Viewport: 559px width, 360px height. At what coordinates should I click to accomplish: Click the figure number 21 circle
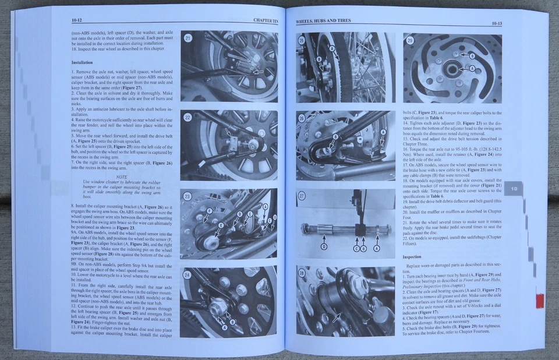coord(188,38)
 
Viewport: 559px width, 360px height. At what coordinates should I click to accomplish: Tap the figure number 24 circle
coord(187,274)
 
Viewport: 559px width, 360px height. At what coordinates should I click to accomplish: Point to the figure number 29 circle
coord(411,40)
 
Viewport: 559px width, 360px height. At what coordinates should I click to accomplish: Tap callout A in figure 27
coord(376,248)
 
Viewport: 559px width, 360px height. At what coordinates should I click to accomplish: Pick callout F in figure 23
coord(208,211)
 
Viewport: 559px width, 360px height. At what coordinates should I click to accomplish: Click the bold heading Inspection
coord(412,256)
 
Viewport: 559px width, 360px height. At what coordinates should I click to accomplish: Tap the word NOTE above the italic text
coord(122,177)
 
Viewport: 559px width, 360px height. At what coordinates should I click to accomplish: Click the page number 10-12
coord(77,20)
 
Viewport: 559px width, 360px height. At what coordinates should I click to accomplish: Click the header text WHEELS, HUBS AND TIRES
coord(323,21)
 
